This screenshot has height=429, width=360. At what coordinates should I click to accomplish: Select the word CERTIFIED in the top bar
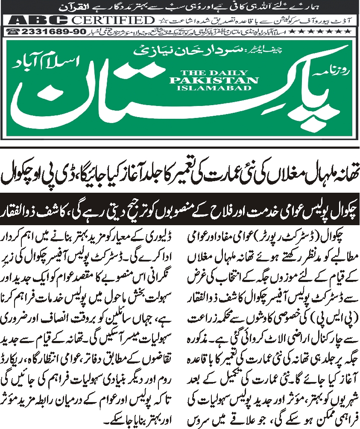click(x=112, y=21)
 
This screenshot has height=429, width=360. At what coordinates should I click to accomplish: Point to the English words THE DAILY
click(x=214, y=73)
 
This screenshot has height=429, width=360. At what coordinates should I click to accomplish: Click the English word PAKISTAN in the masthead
click(x=214, y=80)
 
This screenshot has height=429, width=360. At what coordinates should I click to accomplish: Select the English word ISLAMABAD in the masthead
click(x=214, y=88)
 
